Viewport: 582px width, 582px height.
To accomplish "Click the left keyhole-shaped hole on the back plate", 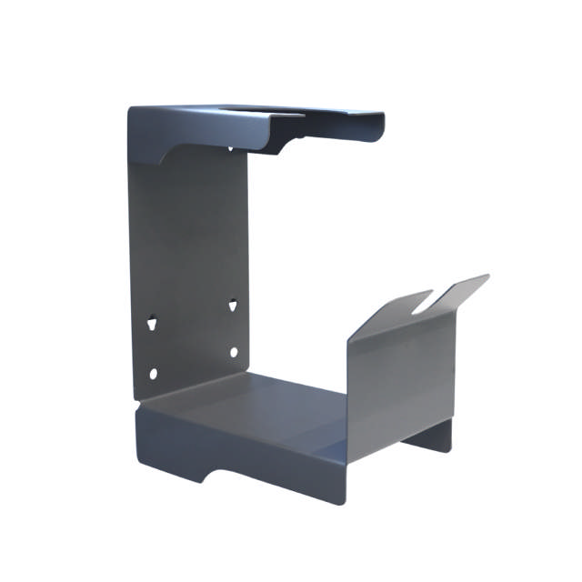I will (152, 321).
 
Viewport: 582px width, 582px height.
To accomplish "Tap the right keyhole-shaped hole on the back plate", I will (232, 305).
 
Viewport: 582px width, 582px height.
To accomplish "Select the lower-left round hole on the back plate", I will (153, 373).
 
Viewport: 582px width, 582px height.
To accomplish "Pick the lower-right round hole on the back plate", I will (233, 352).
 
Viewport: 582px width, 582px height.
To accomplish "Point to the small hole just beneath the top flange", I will (229, 148).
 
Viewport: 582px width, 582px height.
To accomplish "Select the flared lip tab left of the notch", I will (391, 312).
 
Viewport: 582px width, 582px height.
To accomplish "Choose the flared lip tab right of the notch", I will (459, 289).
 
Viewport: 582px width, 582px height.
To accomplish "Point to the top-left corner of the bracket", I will (130, 110).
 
